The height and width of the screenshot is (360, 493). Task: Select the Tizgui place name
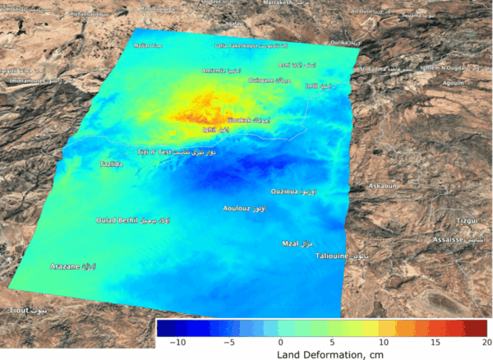pos(467,221)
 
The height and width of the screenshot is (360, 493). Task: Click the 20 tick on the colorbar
pos(487,341)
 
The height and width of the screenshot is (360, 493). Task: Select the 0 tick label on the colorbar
pos(280,341)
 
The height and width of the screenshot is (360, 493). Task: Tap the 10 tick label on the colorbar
pos(383,341)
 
